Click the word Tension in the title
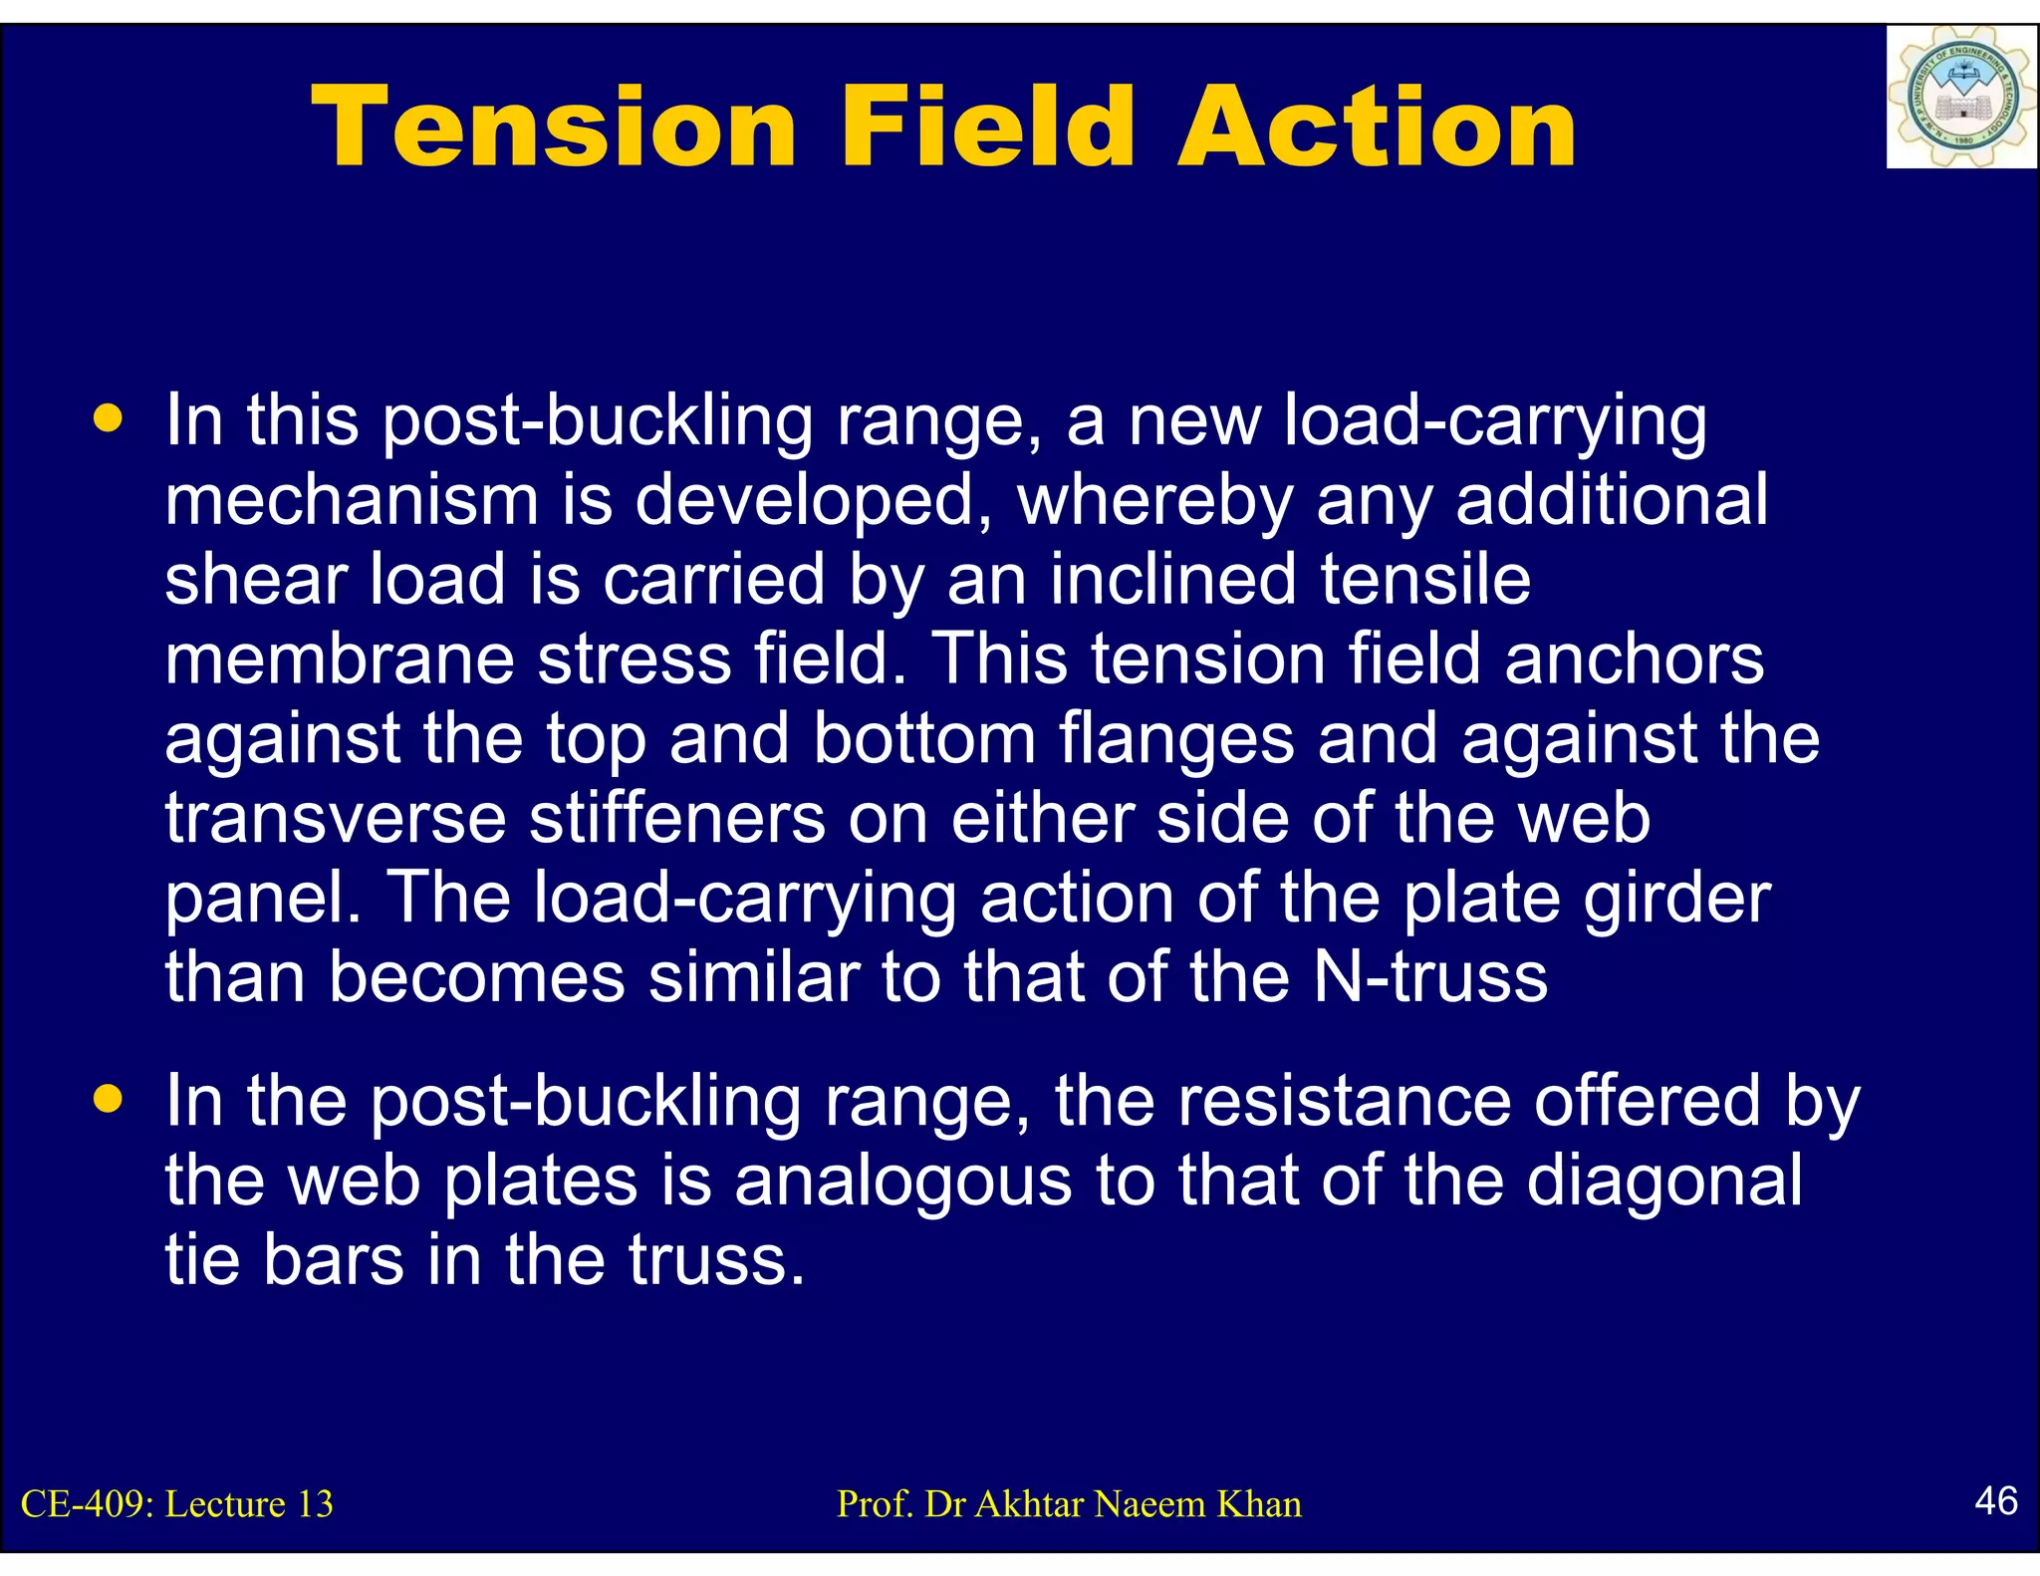[554, 128]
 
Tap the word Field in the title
[986, 128]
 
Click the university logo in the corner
[1960, 98]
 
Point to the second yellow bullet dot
[108, 1099]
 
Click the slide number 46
[1996, 1500]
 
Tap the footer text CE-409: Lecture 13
[177, 1504]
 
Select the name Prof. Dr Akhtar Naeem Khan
[1069, 1504]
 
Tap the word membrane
[339, 658]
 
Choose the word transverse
[336, 818]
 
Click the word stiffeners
[676, 818]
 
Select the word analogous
[902, 1182]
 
